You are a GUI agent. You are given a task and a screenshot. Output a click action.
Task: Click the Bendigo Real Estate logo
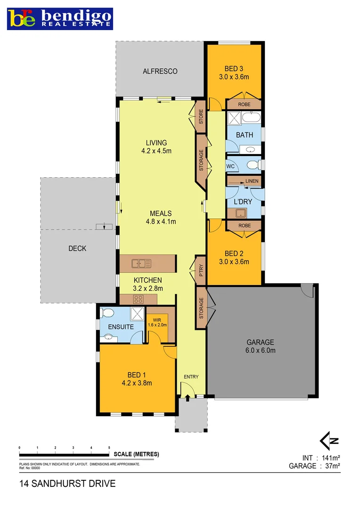[x=60, y=18]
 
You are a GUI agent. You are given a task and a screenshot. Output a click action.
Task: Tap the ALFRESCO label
[x=160, y=71]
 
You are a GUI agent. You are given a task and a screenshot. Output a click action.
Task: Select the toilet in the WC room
[x=252, y=165]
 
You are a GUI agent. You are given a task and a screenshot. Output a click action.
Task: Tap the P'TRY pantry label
[x=201, y=271]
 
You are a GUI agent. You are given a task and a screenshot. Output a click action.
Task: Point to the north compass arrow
[x=329, y=441]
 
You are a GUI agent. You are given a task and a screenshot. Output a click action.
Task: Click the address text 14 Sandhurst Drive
[x=67, y=484]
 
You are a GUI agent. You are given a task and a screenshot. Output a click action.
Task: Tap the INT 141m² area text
[x=321, y=458]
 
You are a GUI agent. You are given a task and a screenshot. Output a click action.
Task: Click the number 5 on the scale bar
[x=109, y=447]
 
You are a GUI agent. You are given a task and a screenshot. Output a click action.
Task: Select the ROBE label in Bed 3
[x=244, y=104]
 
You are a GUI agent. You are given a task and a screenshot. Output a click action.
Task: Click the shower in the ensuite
[x=137, y=312]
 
